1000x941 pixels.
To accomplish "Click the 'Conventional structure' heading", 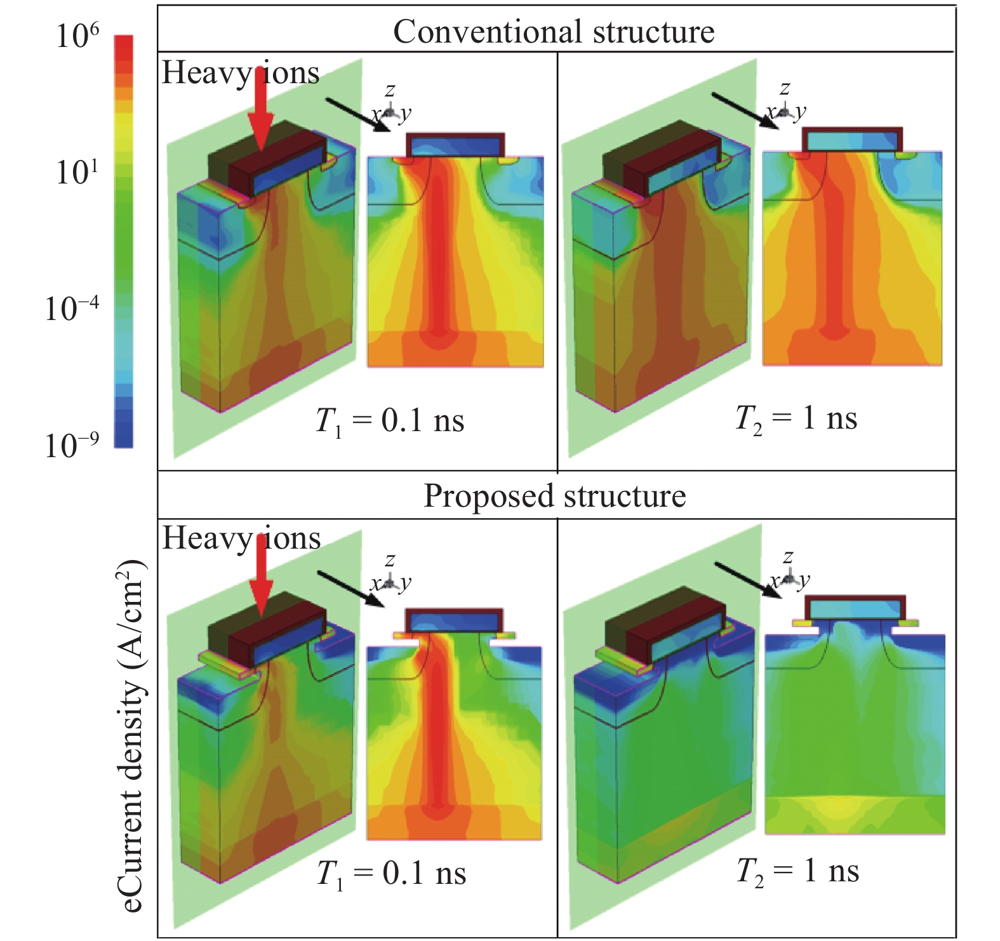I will (x=554, y=32).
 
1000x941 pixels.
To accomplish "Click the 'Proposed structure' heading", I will (x=554, y=496).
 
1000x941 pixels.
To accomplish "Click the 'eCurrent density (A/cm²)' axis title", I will (x=131, y=737).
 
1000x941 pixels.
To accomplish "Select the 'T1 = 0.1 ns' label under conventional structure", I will (x=390, y=421).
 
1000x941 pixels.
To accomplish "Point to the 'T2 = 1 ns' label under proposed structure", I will (x=797, y=871).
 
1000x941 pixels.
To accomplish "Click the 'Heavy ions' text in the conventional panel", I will (x=240, y=72).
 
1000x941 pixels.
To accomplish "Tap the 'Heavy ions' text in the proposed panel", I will (x=241, y=538).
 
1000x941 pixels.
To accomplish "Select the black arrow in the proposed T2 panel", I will (x=748, y=579).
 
